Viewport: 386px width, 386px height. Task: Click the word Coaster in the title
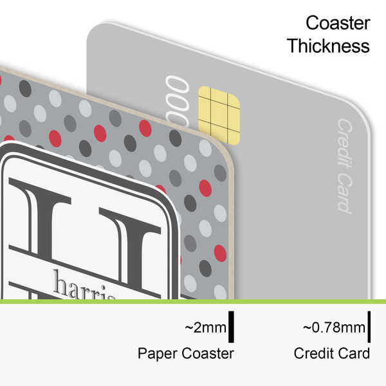(x=338, y=24)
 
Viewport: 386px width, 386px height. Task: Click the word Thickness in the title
(x=328, y=46)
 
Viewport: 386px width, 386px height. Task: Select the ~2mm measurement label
(x=205, y=328)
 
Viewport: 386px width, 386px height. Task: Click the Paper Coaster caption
(x=185, y=353)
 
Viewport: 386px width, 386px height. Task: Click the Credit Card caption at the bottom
(x=331, y=353)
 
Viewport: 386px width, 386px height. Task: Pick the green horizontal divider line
(x=193, y=301)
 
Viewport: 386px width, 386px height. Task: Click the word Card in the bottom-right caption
(x=357, y=353)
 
